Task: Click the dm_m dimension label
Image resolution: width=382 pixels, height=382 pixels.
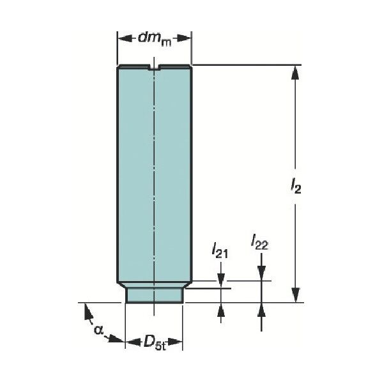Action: click(x=155, y=39)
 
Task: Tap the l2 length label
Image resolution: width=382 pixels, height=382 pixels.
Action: click(x=296, y=187)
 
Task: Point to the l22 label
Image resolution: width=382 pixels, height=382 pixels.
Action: click(x=260, y=242)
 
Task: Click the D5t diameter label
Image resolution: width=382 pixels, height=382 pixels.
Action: click(x=154, y=342)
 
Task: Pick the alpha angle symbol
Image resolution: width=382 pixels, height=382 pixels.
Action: click(x=98, y=330)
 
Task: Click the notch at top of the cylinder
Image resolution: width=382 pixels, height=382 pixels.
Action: click(x=154, y=67)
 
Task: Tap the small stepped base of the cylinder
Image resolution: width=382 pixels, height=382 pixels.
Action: click(x=154, y=296)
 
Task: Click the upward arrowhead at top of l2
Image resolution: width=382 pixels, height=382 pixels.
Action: click(x=295, y=72)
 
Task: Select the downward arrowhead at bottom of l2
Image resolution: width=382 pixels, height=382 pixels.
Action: click(x=295, y=295)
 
